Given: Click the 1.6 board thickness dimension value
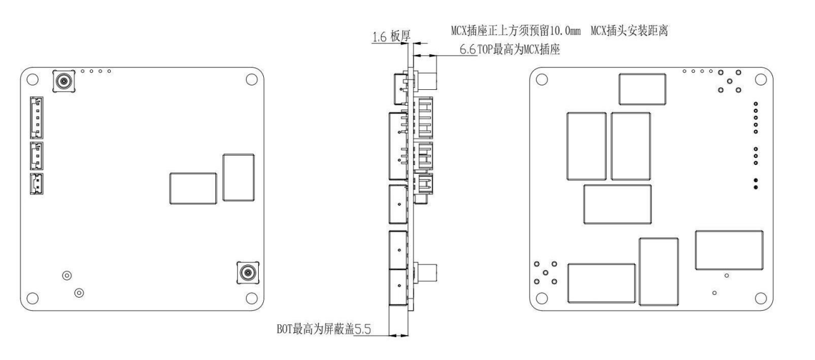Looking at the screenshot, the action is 379,37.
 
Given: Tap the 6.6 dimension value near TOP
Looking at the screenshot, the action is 468,50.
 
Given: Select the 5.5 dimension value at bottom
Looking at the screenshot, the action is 363,329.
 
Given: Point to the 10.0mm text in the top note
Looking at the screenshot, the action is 565,31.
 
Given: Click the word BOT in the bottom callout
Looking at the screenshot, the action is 285,329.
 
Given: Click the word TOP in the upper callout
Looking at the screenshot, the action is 485,50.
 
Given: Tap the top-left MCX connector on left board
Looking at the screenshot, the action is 64,81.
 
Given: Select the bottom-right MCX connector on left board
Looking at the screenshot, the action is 248,272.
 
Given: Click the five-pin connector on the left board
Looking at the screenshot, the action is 36,118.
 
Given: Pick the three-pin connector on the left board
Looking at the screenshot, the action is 36,156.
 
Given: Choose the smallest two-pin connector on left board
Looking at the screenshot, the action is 36,184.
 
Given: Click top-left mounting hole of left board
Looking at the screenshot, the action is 32,79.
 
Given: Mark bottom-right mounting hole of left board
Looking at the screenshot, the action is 252,298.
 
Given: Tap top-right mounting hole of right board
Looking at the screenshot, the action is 761,79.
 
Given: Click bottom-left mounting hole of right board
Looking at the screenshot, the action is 542,298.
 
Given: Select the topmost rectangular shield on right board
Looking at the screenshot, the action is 642,89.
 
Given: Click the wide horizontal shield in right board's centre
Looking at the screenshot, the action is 617,205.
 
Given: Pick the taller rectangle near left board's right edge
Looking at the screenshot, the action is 239,178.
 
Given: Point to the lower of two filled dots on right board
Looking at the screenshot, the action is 756,187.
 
